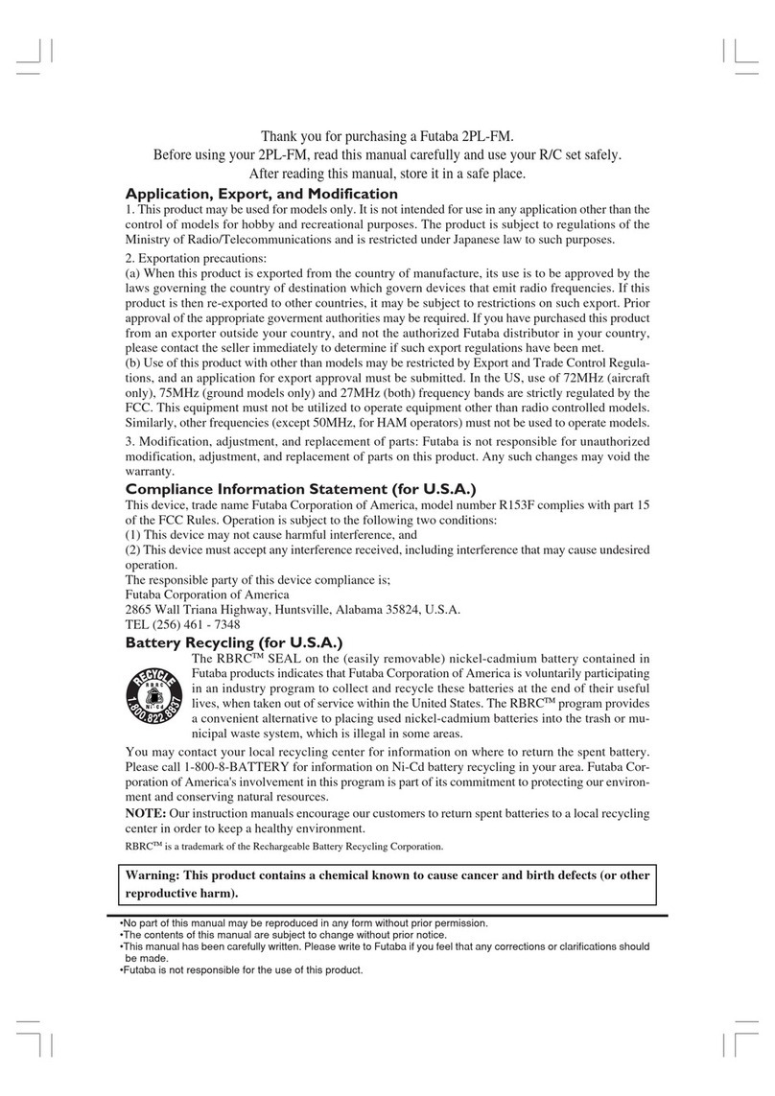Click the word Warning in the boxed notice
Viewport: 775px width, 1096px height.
tap(152, 875)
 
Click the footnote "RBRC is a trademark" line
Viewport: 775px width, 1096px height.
tap(285, 848)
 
